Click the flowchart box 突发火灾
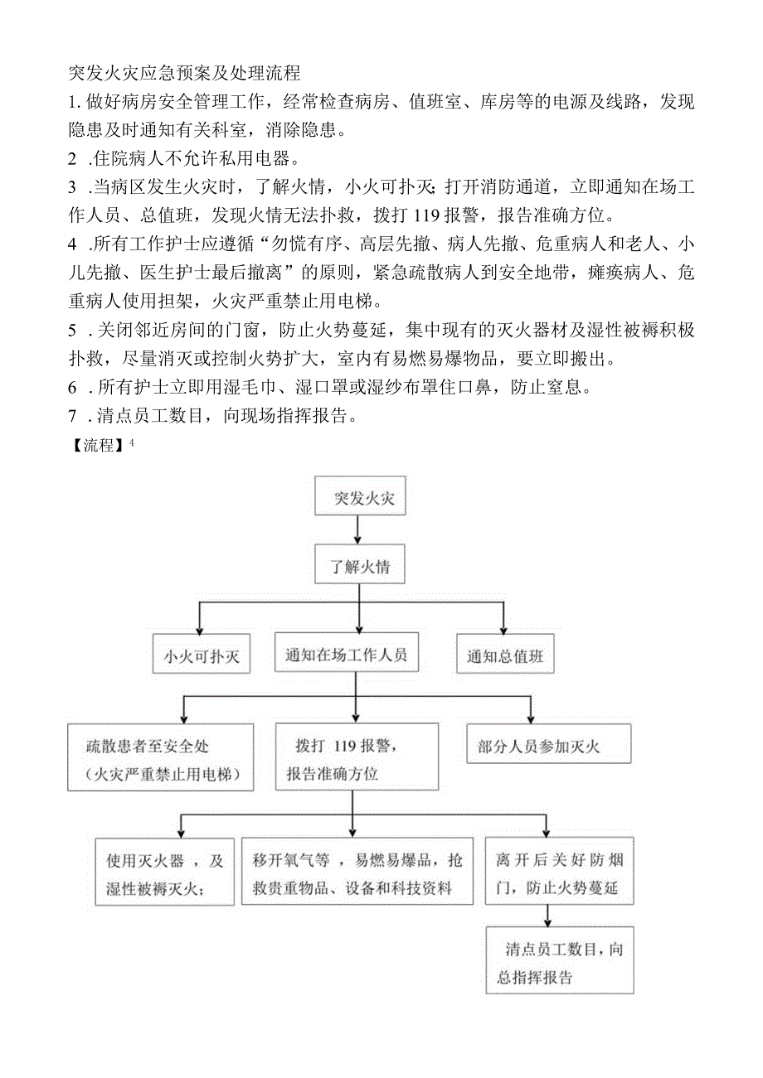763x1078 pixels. click(359, 496)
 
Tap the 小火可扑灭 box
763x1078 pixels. click(201, 656)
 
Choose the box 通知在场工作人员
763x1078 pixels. click(347, 655)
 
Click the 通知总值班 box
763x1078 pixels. click(505, 656)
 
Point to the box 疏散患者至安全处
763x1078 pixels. click(161, 757)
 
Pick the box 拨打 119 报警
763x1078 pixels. click(357, 756)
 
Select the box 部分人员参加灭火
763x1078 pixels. click(548, 744)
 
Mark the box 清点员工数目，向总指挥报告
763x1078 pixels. click(559, 960)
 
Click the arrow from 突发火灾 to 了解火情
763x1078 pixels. click(358, 529)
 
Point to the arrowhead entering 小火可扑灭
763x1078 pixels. click(200, 631)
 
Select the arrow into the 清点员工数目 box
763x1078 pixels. click(547, 916)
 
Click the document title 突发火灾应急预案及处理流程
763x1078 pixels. click(184, 73)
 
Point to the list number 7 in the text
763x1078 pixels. click(73, 417)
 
